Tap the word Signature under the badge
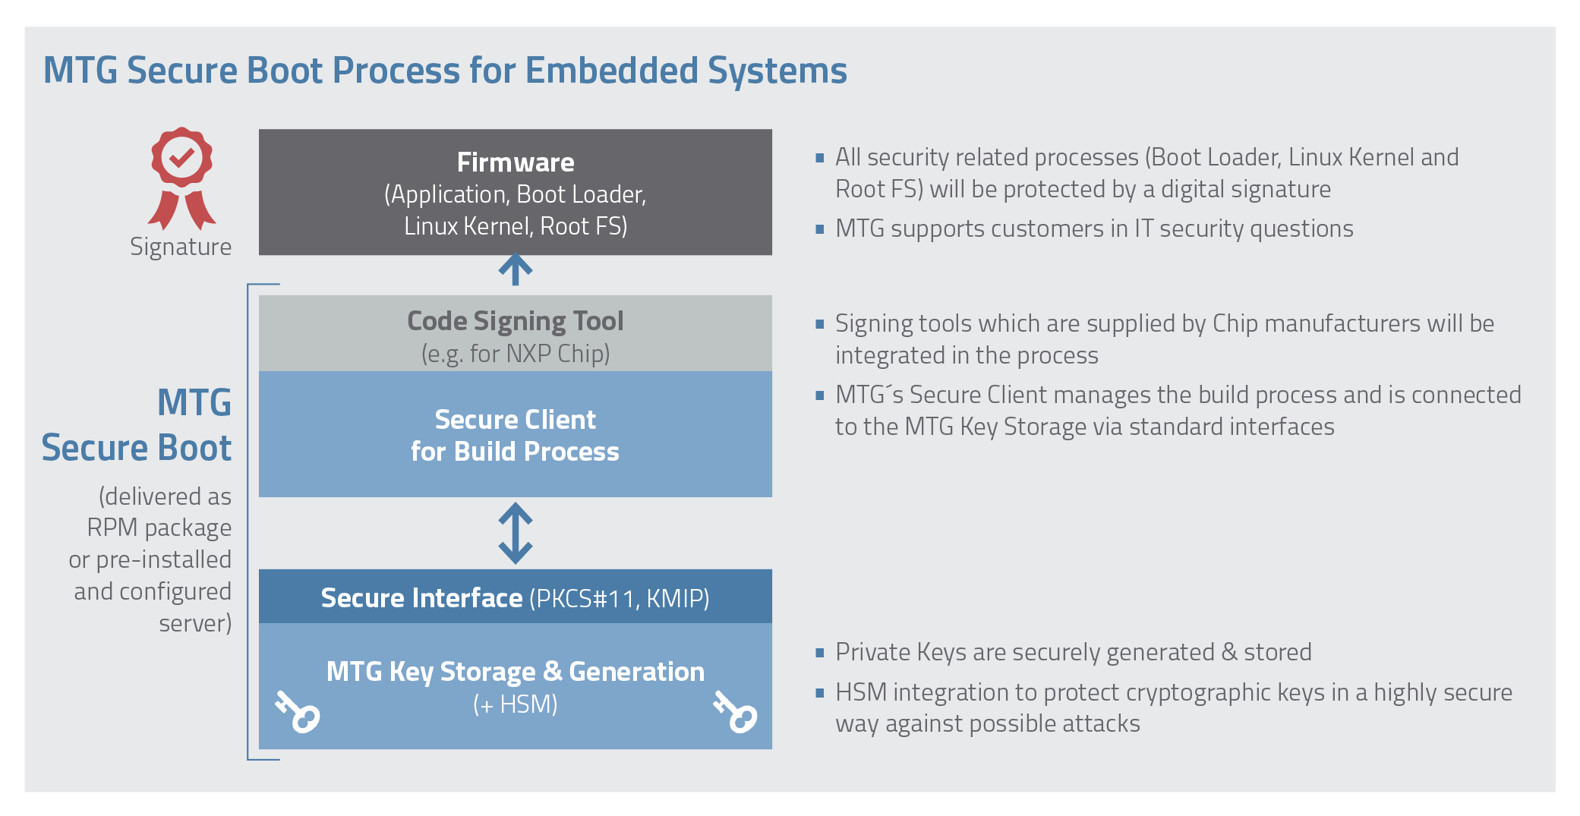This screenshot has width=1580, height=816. click(x=181, y=247)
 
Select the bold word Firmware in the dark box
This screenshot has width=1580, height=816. click(x=516, y=162)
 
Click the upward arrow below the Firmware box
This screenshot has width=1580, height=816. click(x=516, y=269)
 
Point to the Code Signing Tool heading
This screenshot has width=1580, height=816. click(x=516, y=321)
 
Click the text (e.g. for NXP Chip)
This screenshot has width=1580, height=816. click(x=516, y=354)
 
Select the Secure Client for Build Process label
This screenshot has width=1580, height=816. click(x=516, y=436)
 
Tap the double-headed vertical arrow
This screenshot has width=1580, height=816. click(x=516, y=533)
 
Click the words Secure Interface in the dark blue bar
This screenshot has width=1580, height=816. click(x=421, y=598)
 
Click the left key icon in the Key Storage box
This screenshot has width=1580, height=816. click(x=298, y=711)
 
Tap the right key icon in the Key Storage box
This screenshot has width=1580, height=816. click(x=735, y=711)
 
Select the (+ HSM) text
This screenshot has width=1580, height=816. click(x=516, y=704)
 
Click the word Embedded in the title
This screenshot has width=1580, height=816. click(x=612, y=71)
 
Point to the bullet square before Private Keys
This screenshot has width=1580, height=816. click(x=820, y=652)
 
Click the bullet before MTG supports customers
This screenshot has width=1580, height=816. click(x=820, y=228)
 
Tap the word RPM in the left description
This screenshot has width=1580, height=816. click(x=112, y=528)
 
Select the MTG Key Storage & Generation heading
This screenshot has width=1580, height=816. click(x=516, y=673)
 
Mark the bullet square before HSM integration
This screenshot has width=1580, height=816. click(x=820, y=692)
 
